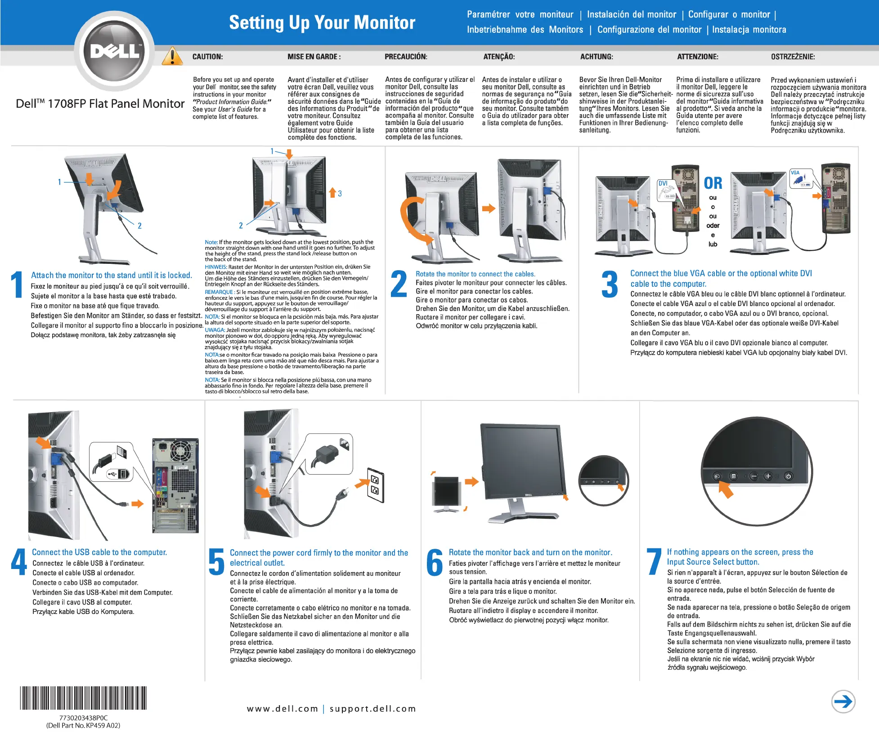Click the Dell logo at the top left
[115, 51]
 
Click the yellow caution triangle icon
[172, 57]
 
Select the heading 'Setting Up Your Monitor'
[322, 22]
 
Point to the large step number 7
[654, 561]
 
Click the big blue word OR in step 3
[713, 183]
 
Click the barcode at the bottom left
[83, 698]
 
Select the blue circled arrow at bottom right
[843, 702]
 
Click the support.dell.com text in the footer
[373, 709]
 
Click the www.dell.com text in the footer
[283, 709]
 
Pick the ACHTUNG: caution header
[596, 57]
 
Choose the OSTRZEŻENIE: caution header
[793, 57]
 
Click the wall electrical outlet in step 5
[376, 485]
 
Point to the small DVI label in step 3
[663, 183]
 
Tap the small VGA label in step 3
[795, 173]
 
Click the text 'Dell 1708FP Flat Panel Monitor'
[100, 104]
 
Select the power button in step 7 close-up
[788, 476]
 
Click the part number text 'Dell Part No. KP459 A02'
[83, 725]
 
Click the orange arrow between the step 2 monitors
[488, 209]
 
